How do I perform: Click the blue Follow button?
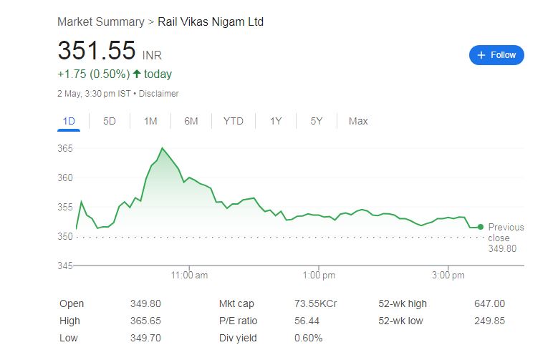(x=496, y=55)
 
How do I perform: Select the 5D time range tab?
(x=110, y=121)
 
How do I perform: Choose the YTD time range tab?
(x=233, y=121)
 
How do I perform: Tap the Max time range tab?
(x=358, y=121)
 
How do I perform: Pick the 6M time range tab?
(x=191, y=121)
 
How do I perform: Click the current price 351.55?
(x=97, y=51)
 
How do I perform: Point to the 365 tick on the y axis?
(x=66, y=148)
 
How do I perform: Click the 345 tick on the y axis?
(x=66, y=266)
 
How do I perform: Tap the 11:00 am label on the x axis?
(x=189, y=275)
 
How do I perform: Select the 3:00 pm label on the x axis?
(x=449, y=275)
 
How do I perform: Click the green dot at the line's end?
(x=480, y=227)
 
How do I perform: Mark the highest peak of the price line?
(x=162, y=148)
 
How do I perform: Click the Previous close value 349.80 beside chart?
(x=502, y=248)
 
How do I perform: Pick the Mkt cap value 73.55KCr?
(x=316, y=303)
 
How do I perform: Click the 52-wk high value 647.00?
(x=489, y=303)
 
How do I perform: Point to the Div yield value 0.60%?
(x=308, y=338)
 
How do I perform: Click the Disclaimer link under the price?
(x=158, y=94)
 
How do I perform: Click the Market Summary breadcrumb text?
(x=100, y=22)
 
